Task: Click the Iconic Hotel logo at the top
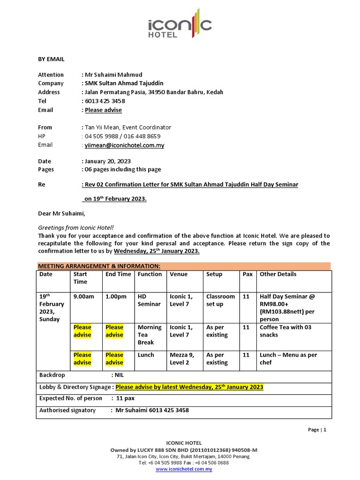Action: (x=180, y=23)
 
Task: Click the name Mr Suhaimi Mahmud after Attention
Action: (x=113, y=75)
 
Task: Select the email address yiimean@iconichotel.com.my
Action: (x=124, y=145)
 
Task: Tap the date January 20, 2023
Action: (x=107, y=161)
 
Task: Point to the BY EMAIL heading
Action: (x=51, y=59)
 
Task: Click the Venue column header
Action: (x=179, y=274)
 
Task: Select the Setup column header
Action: (x=214, y=274)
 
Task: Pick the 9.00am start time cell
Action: (x=84, y=296)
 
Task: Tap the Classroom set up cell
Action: (x=220, y=300)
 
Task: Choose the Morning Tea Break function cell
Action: (x=150, y=335)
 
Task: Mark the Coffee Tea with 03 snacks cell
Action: (x=285, y=331)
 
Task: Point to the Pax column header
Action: (x=247, y=274)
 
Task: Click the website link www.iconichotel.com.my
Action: (x=184, y=469)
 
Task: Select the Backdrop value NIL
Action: (x=119, y=375)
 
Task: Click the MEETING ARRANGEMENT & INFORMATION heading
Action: (x=99, y=266)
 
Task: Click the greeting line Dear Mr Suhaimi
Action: (x=62, y=214)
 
